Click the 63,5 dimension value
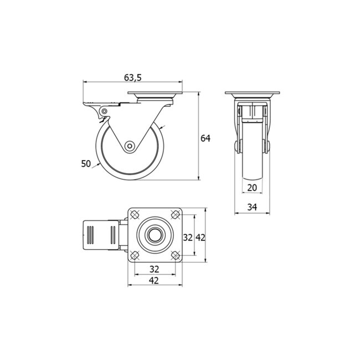coord(133,76)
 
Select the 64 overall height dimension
coord(205,138)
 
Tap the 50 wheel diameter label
coord(86,163)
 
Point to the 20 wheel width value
coord(252,187)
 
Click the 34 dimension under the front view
coord(252,207)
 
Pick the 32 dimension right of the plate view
coord(188,237)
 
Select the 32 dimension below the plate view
coord(155,269)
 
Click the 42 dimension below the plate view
coord(155,281)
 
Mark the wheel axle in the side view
coord(130,146)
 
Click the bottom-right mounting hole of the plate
coord(175,255)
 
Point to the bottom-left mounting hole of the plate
coord(135,255)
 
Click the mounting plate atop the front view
coord(252,94)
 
